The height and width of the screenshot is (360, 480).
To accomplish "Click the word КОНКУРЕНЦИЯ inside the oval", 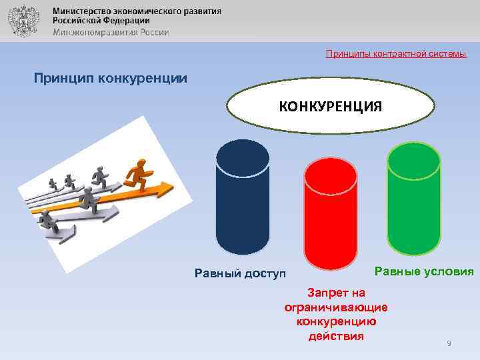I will tap(330, 107).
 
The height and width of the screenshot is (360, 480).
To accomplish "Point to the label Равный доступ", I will tap(239, 273).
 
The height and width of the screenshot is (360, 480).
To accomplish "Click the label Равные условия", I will tap(424, 271).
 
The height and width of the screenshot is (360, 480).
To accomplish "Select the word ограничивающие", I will tap(336, 307).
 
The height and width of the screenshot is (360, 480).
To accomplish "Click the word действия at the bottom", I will tap(336, 335).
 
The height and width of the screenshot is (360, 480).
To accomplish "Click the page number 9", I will tap(449, 343).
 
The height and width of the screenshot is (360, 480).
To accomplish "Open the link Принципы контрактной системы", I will tap(396, 53).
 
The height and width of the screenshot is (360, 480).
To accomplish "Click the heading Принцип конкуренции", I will tap(111, 78).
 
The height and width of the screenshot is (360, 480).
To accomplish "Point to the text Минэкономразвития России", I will tap(111, 32).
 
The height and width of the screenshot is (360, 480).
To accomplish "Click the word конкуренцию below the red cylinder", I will tap(336, 321).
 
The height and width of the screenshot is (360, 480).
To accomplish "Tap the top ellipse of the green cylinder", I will tap(414, 161).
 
